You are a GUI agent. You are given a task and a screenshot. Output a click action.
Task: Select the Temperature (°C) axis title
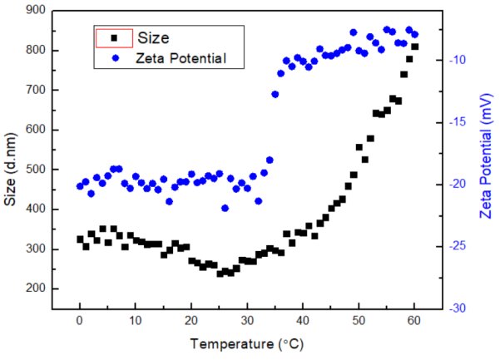248,343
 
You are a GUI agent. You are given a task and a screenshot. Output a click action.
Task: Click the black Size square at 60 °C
414,47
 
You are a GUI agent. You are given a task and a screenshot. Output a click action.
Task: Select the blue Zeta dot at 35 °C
275,94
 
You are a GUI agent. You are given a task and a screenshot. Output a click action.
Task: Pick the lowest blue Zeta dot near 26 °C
225,208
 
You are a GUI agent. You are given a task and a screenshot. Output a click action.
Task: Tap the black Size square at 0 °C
80,239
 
